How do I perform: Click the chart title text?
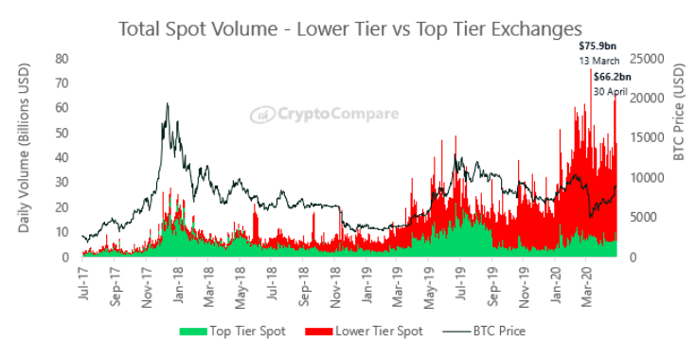(x=349, y=29)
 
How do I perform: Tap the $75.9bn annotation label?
(x=598, y=45)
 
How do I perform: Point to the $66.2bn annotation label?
(x=613, y=77)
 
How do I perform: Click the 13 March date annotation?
(x=598, y=61)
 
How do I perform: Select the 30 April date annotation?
(x=611, y=92)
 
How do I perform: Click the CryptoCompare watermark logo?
(x=325, y=114)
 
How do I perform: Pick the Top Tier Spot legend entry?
(x=233, y=332)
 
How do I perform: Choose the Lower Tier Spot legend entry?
(x=364, y=332)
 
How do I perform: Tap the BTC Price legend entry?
(x=484, y=332)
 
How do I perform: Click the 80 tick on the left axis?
(x=62, y=59)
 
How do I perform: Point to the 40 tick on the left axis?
(x=62, y=158)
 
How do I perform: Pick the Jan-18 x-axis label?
(x=178, y=284)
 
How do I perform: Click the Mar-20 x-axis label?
(x=588, y=285)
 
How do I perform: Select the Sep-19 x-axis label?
(x=493, y=285)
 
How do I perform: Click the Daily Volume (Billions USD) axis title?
(x=24, y=148)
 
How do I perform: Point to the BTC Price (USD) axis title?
(x=679, y=112)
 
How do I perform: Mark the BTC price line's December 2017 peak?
(x=168, y=103)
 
